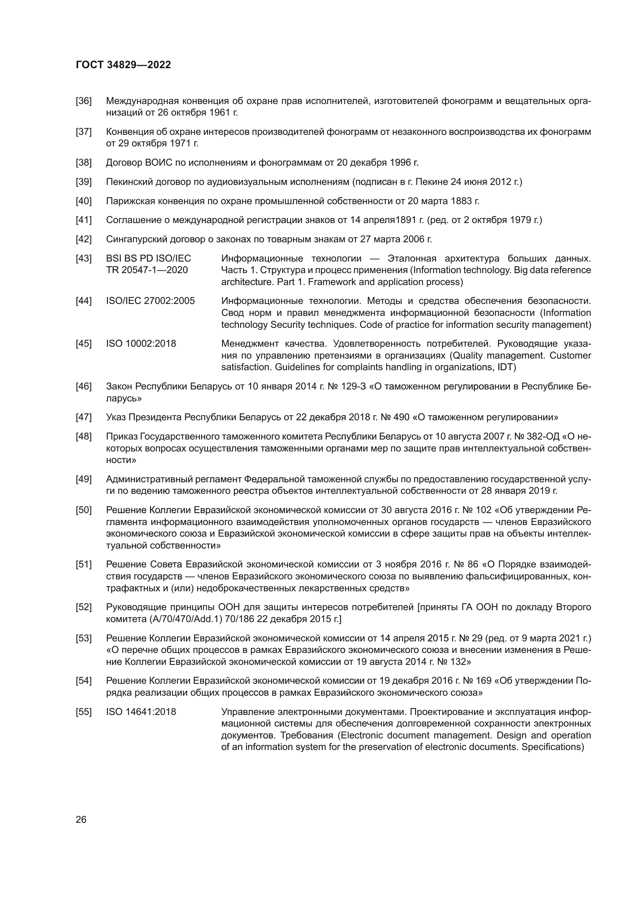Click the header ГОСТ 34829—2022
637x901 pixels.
point(123,65)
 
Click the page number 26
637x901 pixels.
point(81,820)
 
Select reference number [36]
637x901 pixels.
point(84,101)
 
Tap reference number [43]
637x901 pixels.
point(84,258)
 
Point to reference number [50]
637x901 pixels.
point(84,510)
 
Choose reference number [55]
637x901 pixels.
point(84,712)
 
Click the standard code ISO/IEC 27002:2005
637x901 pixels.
point(150,301)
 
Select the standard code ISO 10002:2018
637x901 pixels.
point(141,344)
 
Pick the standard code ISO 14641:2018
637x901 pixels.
point(141,712)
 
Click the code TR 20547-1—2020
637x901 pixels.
point(147,270)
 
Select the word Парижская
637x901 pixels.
point(129,201)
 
